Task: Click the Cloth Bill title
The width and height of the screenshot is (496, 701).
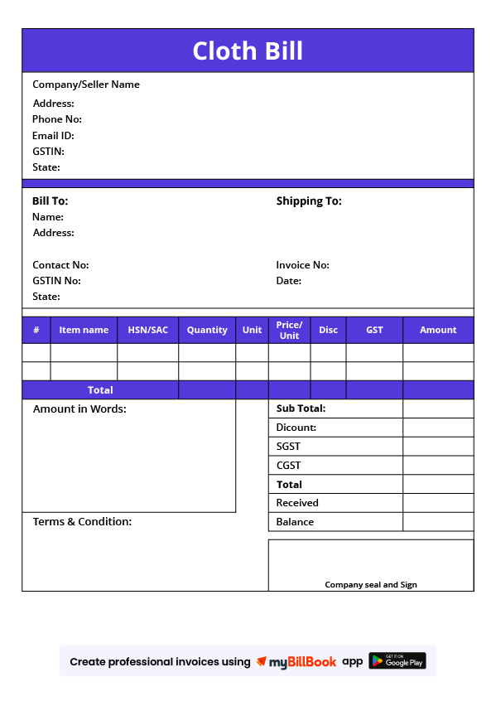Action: pos(248,51)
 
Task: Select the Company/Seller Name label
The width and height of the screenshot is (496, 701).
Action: pos(86,85)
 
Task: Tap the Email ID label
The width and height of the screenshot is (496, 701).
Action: pos(53,136)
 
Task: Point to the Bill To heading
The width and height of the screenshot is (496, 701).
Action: pos(51,201)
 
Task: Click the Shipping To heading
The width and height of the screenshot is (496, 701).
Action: pos(309,201)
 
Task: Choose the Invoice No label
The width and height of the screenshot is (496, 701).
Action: pos(302,265)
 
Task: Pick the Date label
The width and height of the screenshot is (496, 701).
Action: pos(289,281)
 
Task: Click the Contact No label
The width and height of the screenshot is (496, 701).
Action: pos(60,265)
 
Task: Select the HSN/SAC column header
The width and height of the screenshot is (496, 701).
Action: pos(147,330)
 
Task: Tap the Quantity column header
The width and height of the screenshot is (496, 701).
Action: pos(207,330)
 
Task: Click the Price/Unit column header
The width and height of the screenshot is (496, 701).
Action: pos(289,330)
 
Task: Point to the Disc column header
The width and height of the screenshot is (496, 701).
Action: pos(328,330)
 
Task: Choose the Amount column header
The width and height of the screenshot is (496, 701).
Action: pos(438,330)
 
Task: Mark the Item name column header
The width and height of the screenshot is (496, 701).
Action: pos(84,330)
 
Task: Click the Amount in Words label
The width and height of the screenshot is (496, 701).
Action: pos(79,409)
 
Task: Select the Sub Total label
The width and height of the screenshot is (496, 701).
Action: pos(301,409)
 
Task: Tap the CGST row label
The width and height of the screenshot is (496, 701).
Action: pos(289,466)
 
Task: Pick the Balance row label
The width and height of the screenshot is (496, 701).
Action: pos(295,522)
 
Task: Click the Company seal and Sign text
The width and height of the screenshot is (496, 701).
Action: pos(371,585)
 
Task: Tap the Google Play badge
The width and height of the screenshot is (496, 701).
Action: pos(397,661)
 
